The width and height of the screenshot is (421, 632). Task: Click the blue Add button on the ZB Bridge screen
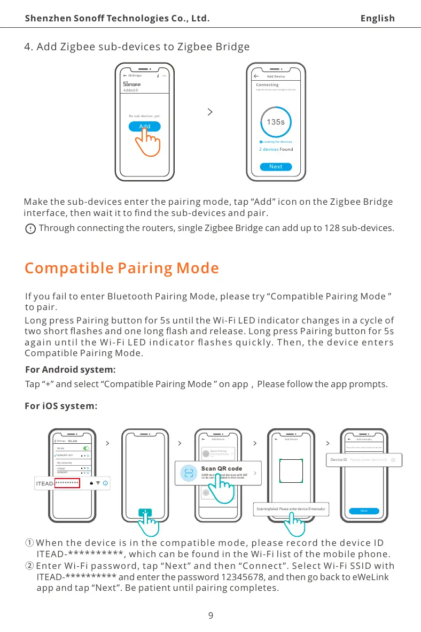point(145,127)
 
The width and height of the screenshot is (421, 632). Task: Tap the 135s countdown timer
point(276,122)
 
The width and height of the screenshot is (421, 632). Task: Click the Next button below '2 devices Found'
point(276,166)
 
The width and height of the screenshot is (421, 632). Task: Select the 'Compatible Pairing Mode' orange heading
point(122,268)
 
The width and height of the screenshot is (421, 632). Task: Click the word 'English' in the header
point(377,19)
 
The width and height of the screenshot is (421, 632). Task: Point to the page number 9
point(210,615)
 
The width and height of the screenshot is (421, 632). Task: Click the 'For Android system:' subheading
point(71,369)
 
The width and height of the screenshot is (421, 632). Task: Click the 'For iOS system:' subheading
point(61,406)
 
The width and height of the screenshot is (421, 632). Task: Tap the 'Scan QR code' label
point(222,468)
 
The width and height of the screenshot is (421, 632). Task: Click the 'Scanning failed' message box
point(292,508)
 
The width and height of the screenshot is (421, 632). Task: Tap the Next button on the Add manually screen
point(364,511)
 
